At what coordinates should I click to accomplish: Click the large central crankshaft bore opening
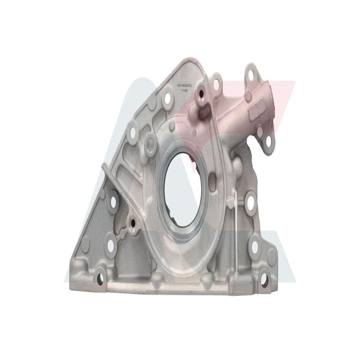[x=183, y=189]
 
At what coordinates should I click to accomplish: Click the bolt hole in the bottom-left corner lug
[x=100, y=278]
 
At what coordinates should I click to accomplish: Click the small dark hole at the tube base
[x=201, y=94]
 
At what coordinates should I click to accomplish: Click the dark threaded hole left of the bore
[x=132, y=222]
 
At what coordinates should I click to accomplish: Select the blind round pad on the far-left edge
[x=85, y=245]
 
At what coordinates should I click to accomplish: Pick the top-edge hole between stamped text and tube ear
[x=216, y=84]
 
